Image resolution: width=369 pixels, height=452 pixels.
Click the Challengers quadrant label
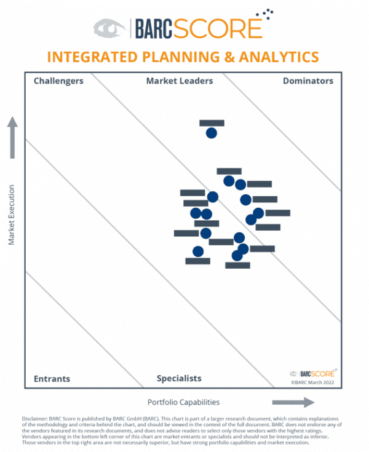(58, 81)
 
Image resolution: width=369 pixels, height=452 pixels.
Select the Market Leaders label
(180, 81)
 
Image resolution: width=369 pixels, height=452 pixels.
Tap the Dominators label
(307, 81)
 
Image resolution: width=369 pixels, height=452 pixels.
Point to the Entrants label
(52, 378)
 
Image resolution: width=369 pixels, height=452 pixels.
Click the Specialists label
(179, 378)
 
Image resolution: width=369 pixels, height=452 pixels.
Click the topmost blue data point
(211, 133)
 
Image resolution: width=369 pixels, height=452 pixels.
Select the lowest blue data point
(237, 255)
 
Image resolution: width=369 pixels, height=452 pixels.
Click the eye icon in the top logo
(110, 28)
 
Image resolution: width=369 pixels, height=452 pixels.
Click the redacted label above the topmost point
(212, 123)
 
